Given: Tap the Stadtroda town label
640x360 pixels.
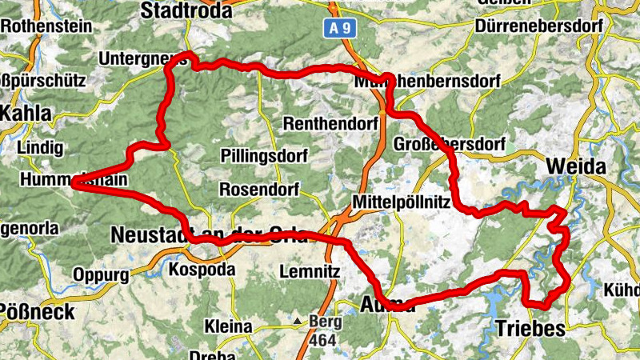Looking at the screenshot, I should (x=186, y=10).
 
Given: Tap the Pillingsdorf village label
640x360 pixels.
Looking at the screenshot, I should (x=254, y=155).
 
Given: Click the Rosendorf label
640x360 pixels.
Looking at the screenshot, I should (x=258, y=191).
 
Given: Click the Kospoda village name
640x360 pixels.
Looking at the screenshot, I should (x=202, y=270).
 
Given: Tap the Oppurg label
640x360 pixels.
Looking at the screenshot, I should (x=101, y=275).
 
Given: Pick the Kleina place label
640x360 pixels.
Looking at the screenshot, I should (x=228, y=326).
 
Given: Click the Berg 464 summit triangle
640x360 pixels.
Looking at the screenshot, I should (x=298, y=322).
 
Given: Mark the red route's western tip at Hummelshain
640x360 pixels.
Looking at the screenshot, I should (x=73, y=184).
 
